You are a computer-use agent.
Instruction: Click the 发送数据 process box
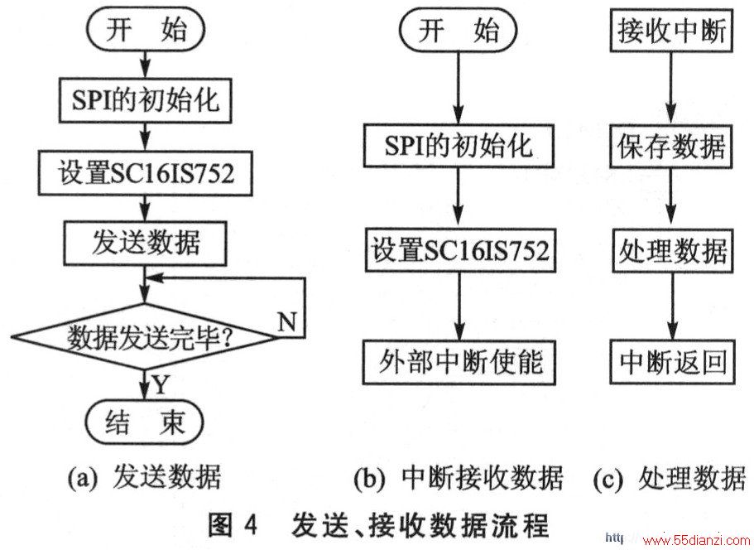[145, 243]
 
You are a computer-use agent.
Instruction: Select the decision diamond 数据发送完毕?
[144, 337]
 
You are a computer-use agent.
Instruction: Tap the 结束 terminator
[144, 422]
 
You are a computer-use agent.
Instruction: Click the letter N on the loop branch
[287, 321]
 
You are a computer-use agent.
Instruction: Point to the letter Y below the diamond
[161, 384]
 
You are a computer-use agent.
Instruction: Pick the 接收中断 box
[671, 30]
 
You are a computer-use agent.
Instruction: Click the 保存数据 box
[671, 147]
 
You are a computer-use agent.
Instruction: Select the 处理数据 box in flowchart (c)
[673, 251]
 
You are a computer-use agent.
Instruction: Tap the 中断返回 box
[673, 362]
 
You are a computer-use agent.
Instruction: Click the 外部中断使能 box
[459, 362]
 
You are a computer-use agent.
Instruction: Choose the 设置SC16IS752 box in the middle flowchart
[460, 251]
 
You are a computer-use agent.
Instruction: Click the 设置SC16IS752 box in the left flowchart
[145, 173]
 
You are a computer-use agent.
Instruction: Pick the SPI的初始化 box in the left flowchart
[145, 101]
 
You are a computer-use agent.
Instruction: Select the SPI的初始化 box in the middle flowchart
[459, 146]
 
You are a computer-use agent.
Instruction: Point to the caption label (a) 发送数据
[145, 477]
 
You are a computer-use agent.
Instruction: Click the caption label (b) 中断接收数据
[459, 477]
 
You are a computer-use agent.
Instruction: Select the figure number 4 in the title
[250, 524]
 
